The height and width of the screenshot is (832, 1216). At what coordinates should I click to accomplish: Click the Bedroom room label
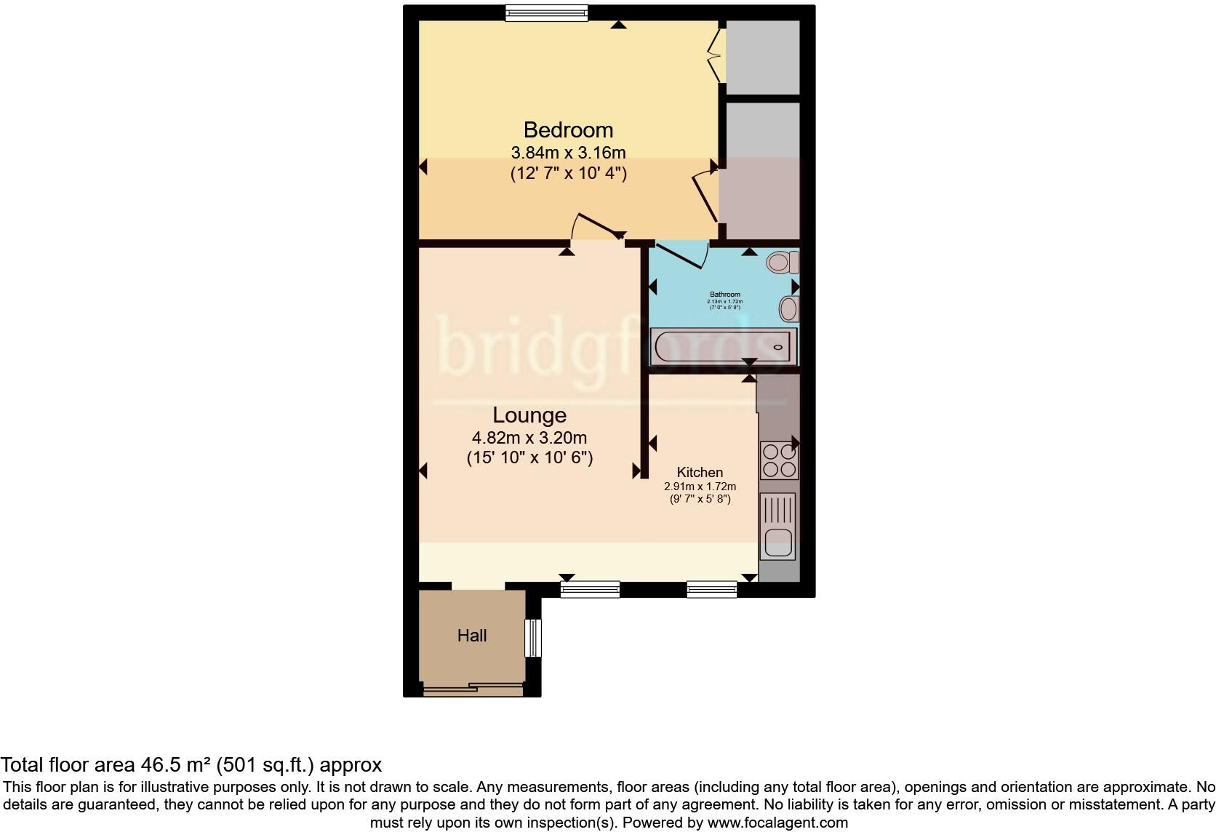568,130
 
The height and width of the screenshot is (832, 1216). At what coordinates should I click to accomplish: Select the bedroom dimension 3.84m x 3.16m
568,153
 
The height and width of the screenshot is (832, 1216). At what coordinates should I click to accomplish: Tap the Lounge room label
529,415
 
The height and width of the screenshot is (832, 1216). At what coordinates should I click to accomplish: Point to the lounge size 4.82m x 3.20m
529,438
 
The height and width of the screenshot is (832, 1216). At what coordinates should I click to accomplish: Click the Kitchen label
700,472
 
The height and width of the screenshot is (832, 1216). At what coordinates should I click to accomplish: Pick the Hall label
471,636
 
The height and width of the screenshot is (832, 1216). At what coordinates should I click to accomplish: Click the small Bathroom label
725,295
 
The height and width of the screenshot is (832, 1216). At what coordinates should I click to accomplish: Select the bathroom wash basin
788,309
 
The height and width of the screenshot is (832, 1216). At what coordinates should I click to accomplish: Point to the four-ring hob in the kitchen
778,460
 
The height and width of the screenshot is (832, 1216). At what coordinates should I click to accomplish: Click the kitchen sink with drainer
778,527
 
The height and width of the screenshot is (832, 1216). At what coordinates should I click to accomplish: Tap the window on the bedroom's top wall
546,12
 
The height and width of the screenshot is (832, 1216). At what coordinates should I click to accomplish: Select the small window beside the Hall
534,638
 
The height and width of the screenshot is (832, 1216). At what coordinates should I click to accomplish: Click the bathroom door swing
684,255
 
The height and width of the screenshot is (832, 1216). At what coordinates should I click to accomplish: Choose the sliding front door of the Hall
473,687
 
